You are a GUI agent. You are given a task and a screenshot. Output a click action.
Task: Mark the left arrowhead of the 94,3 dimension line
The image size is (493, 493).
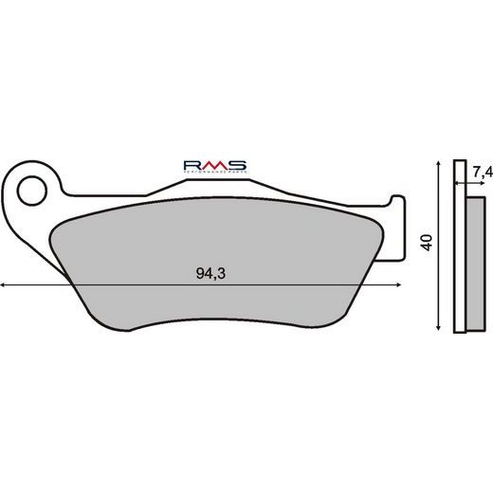[x=5, y=284]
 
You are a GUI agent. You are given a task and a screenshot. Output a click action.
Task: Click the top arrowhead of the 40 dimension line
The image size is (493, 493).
[x=437, y=165]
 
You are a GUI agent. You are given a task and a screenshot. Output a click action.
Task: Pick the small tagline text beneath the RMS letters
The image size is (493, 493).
[x=215, y=172]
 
